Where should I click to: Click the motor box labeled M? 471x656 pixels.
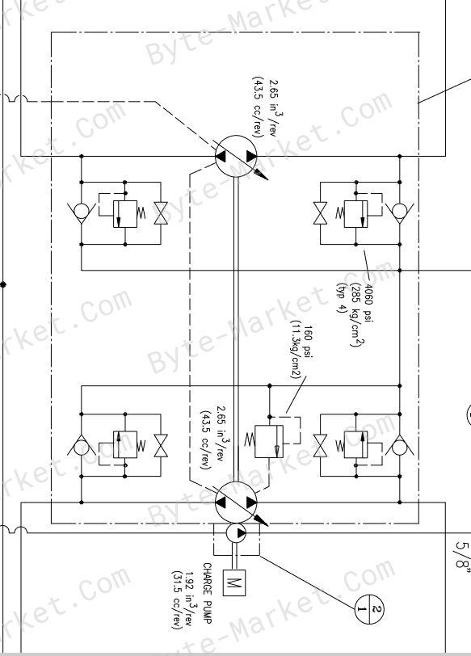click(234, 582)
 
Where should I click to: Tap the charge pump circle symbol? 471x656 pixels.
click(237, 533)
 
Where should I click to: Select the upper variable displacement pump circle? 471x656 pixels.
click(237, 156)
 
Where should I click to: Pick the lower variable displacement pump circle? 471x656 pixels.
click(237, 502)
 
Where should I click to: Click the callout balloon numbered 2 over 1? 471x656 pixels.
click(369, 608)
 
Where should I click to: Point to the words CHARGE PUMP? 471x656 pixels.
click(208, 593)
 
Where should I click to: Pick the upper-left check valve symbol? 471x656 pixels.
click(81, 212)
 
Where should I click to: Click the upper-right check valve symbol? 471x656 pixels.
click(399, 212)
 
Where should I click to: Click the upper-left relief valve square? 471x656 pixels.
click(125, 214)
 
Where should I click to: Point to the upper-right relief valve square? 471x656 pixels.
click(356, 214)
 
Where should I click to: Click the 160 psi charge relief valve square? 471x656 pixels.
click(269, 441)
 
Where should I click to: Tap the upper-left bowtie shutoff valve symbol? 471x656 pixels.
click(161, 213)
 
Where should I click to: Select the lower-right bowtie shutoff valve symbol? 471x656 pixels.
click(321, 445)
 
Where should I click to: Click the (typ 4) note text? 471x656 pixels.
click(342, 298)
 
